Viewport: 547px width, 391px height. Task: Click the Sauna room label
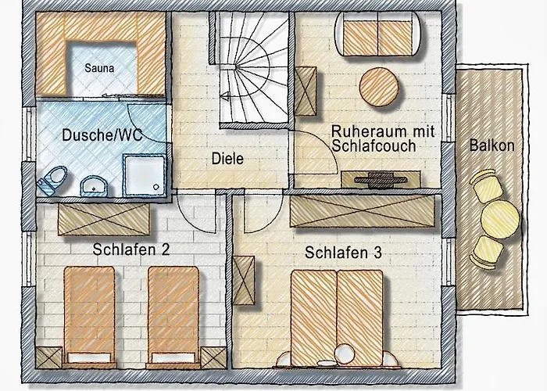point(100,68)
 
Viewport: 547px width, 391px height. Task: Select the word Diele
point(228,159)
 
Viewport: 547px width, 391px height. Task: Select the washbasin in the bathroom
point(94,185)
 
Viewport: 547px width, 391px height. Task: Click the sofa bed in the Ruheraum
point(379,34)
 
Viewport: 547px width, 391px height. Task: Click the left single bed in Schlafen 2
point(88,312)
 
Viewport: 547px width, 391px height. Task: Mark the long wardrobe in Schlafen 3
point(362,210)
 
